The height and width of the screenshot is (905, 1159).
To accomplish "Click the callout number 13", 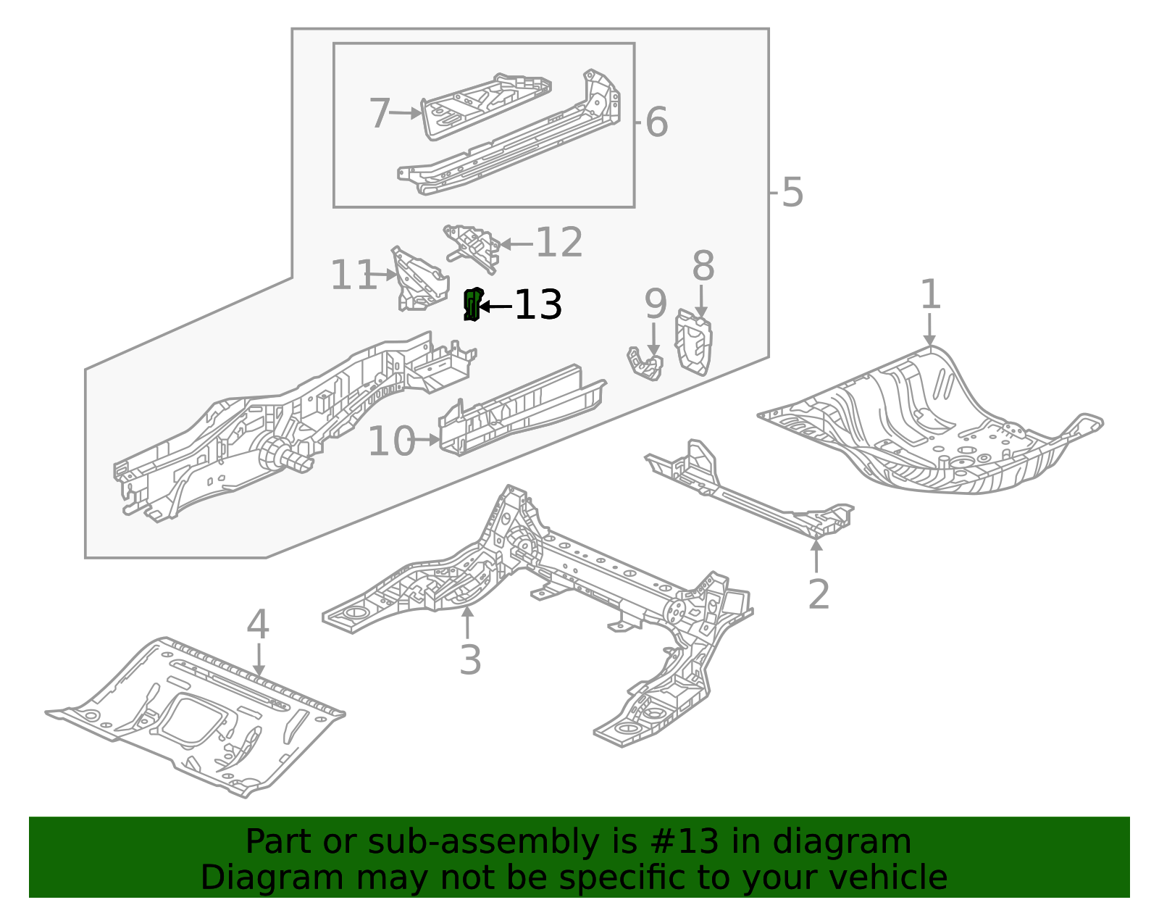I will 538,305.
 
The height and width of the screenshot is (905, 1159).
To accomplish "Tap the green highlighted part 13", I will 472,304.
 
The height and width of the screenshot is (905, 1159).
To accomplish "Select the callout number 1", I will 930,296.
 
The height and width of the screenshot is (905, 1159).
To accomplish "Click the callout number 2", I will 818,595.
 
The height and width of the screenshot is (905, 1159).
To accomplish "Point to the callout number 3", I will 470,660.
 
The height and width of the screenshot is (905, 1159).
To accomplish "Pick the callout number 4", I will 258,625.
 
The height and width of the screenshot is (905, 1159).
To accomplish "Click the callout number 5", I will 792,193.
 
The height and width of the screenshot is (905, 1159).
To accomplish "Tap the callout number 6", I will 656,122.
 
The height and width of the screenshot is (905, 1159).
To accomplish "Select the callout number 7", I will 380,114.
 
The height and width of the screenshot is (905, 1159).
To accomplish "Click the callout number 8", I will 703,267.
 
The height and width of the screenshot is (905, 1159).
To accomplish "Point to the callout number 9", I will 655,304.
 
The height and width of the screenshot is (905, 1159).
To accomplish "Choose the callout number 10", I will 391,442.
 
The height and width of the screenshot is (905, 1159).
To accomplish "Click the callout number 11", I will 353,276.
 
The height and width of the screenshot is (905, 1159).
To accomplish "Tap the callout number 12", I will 558,243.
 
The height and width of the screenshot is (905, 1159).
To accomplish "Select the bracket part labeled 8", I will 693,343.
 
